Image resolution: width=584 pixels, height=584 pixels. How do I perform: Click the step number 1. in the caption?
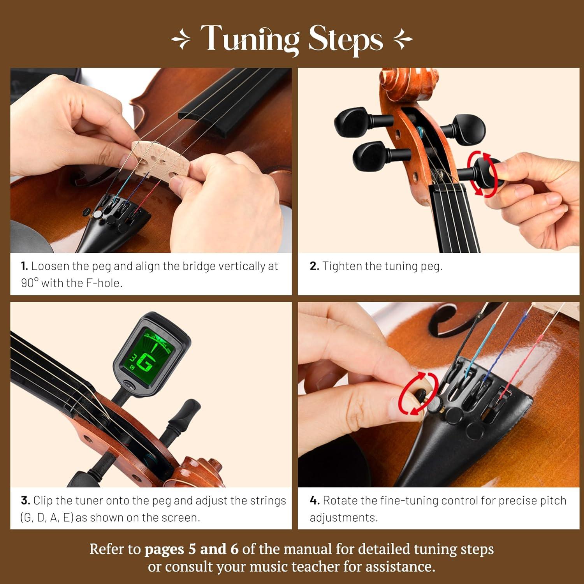[25, 266]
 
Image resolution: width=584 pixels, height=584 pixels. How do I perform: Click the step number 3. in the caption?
[25, 501]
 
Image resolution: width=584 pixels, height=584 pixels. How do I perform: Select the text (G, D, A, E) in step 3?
[47, 518]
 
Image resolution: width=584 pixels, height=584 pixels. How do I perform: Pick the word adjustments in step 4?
[343, 518]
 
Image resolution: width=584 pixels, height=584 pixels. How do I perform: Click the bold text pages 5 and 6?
[191, 549]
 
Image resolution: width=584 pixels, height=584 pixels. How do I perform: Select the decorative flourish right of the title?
[403, 40]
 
